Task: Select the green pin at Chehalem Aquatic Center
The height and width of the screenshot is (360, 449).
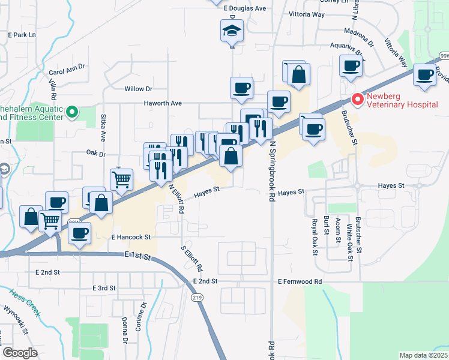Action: (71, 112)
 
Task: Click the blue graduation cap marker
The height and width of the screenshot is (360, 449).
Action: (231, 31)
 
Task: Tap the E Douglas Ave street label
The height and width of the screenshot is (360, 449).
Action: (244, 8)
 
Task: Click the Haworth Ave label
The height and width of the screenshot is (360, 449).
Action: (162, 103)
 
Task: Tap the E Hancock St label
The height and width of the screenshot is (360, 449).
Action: (130, 238)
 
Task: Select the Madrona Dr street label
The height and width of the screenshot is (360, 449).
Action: (359, 35)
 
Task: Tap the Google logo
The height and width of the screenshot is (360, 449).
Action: (19, 353)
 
